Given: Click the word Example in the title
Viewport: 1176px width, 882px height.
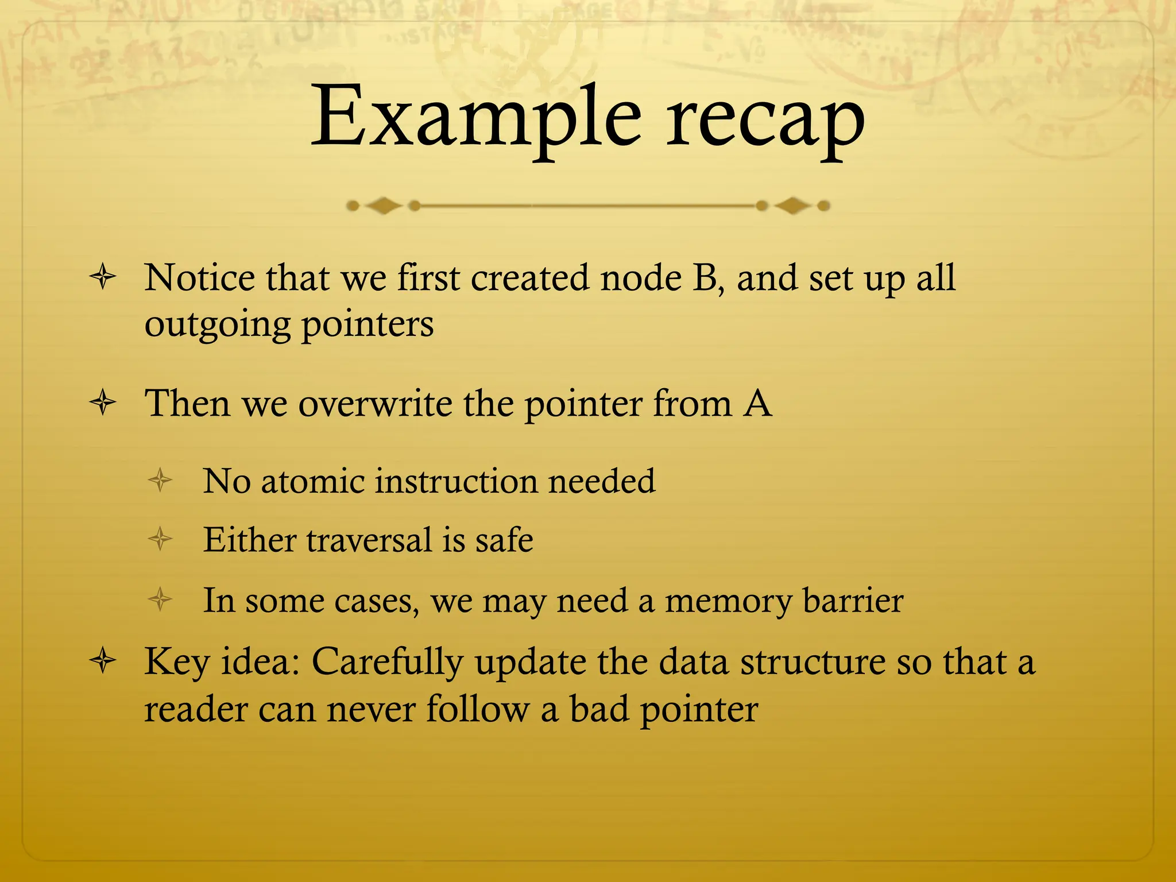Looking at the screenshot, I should coord(475,118).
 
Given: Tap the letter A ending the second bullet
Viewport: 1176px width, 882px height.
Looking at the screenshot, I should coord(757,403).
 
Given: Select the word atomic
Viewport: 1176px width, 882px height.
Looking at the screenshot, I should coord(313,481).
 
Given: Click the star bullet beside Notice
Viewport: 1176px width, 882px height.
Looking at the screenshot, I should coord(103,278).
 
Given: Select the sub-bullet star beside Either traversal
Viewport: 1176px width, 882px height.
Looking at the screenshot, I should coord(160,539).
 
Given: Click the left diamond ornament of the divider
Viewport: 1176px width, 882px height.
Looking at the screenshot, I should coord(382,206).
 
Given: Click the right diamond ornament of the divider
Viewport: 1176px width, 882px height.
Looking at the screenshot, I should coord(793,206).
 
